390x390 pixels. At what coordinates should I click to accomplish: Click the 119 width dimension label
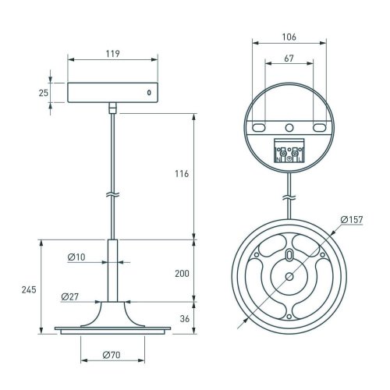[x=112, y=54]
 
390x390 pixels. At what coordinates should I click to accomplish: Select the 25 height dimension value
[x=44, y=93]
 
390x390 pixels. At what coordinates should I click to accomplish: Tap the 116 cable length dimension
[x=182, y=173]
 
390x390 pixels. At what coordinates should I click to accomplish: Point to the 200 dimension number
[x=182, y=274]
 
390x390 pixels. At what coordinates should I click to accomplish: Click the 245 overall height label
[x=29, y=289]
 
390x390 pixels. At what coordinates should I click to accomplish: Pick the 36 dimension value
[x=185, y=319]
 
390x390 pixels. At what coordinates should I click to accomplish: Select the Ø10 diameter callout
[x=76, y=257]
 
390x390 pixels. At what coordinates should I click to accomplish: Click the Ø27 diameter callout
[x=70, y=296]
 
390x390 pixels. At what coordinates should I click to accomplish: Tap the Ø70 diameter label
[x=112, y=355]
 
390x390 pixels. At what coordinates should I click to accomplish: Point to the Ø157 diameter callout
[x=352, y=219]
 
